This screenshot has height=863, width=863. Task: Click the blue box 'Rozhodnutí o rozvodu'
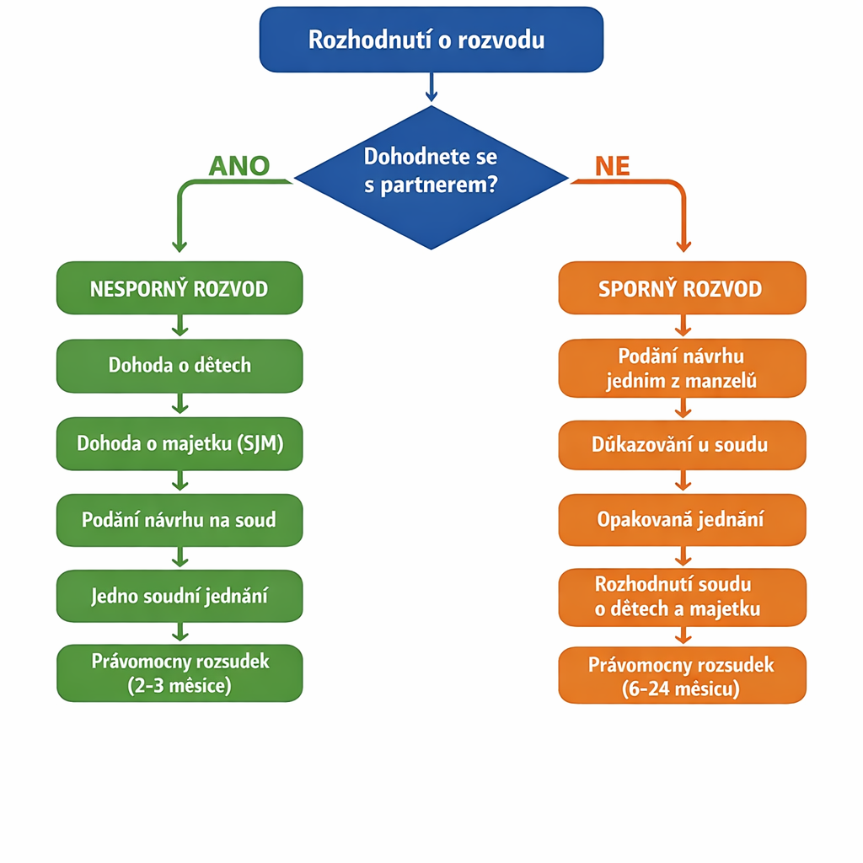[431, 40]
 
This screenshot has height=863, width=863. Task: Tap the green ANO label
[239, 166]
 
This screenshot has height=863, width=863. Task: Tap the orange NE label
[612, 166]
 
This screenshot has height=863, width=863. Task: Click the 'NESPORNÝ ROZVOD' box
[179, 288]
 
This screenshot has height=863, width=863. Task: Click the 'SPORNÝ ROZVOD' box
[681, 288]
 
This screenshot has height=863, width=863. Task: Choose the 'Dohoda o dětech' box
[179, 366]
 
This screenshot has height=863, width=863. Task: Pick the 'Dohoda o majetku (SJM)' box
[179, 443]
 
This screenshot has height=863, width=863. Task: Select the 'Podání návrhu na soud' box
[179, 520]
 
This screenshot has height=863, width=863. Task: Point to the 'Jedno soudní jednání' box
[179, 597]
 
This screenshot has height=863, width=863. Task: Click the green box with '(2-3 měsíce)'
[179, 673]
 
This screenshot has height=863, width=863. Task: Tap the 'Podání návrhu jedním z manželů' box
[681, 368]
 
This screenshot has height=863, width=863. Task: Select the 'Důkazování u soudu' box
[681, 444]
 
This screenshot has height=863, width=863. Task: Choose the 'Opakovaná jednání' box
[681, 520]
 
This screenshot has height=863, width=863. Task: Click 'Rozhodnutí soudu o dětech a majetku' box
[681, 597]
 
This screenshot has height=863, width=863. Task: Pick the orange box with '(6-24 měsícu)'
[681, 676]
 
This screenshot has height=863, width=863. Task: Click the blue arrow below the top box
[431, 87]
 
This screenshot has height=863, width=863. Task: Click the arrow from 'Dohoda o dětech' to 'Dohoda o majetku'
[179, 405]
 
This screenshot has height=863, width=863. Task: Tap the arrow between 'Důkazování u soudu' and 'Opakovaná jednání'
[683, 482]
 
